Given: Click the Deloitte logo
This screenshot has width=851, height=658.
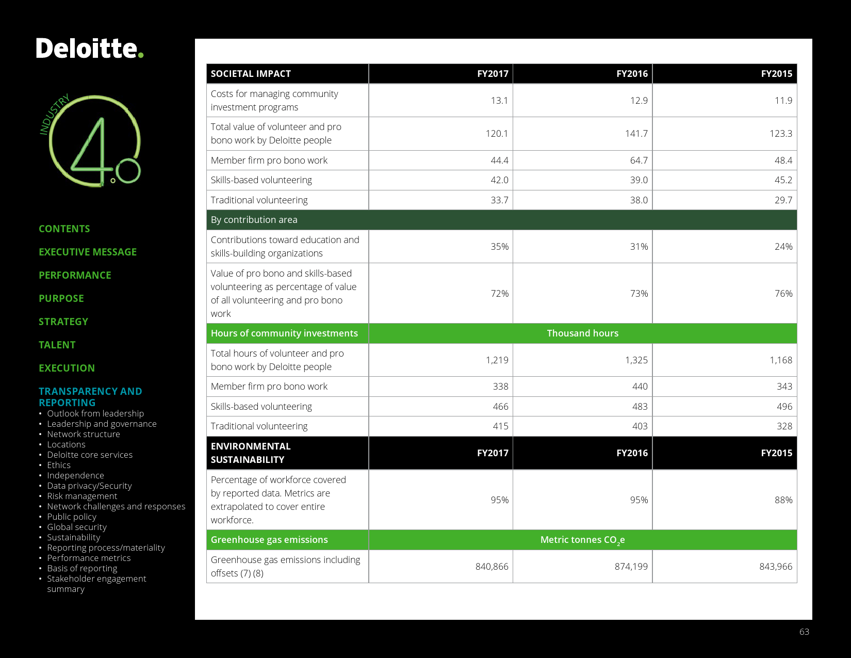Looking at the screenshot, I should coord(89,49).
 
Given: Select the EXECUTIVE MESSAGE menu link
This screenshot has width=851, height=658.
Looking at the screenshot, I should coord(88,252).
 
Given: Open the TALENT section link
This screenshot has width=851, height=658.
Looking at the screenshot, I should coord(57,345).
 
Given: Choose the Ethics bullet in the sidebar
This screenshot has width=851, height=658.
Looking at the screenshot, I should coord(59,465).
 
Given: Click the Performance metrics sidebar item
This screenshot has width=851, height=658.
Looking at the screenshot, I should coord(89,558).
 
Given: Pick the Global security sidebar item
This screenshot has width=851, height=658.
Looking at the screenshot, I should coord(77,527).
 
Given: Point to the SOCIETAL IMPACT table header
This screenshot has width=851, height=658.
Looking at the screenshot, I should coord(251,74).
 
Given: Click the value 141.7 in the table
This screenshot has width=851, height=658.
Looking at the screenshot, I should coord(636,134).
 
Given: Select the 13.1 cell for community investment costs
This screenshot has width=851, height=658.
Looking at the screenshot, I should coord(499,101).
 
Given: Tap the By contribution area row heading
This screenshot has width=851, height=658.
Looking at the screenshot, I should coord(254,220).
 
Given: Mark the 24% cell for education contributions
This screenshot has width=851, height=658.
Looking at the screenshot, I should coord(783,247).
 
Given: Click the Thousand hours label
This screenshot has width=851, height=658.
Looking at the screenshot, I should coord(582,333).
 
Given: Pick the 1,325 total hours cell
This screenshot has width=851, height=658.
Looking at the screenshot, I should coord(636,360).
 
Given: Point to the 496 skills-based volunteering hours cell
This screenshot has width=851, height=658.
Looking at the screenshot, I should coord(784,407).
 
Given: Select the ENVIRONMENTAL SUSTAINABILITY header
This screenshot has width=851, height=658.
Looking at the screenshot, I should coord(251,453).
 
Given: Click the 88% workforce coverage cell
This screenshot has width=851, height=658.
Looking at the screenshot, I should coord(783,500).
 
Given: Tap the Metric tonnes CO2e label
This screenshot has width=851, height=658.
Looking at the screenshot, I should coord(582,540).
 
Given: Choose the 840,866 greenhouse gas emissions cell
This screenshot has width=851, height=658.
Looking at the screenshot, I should coord(492,567).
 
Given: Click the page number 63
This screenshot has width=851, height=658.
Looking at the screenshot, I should coord(804,632).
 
